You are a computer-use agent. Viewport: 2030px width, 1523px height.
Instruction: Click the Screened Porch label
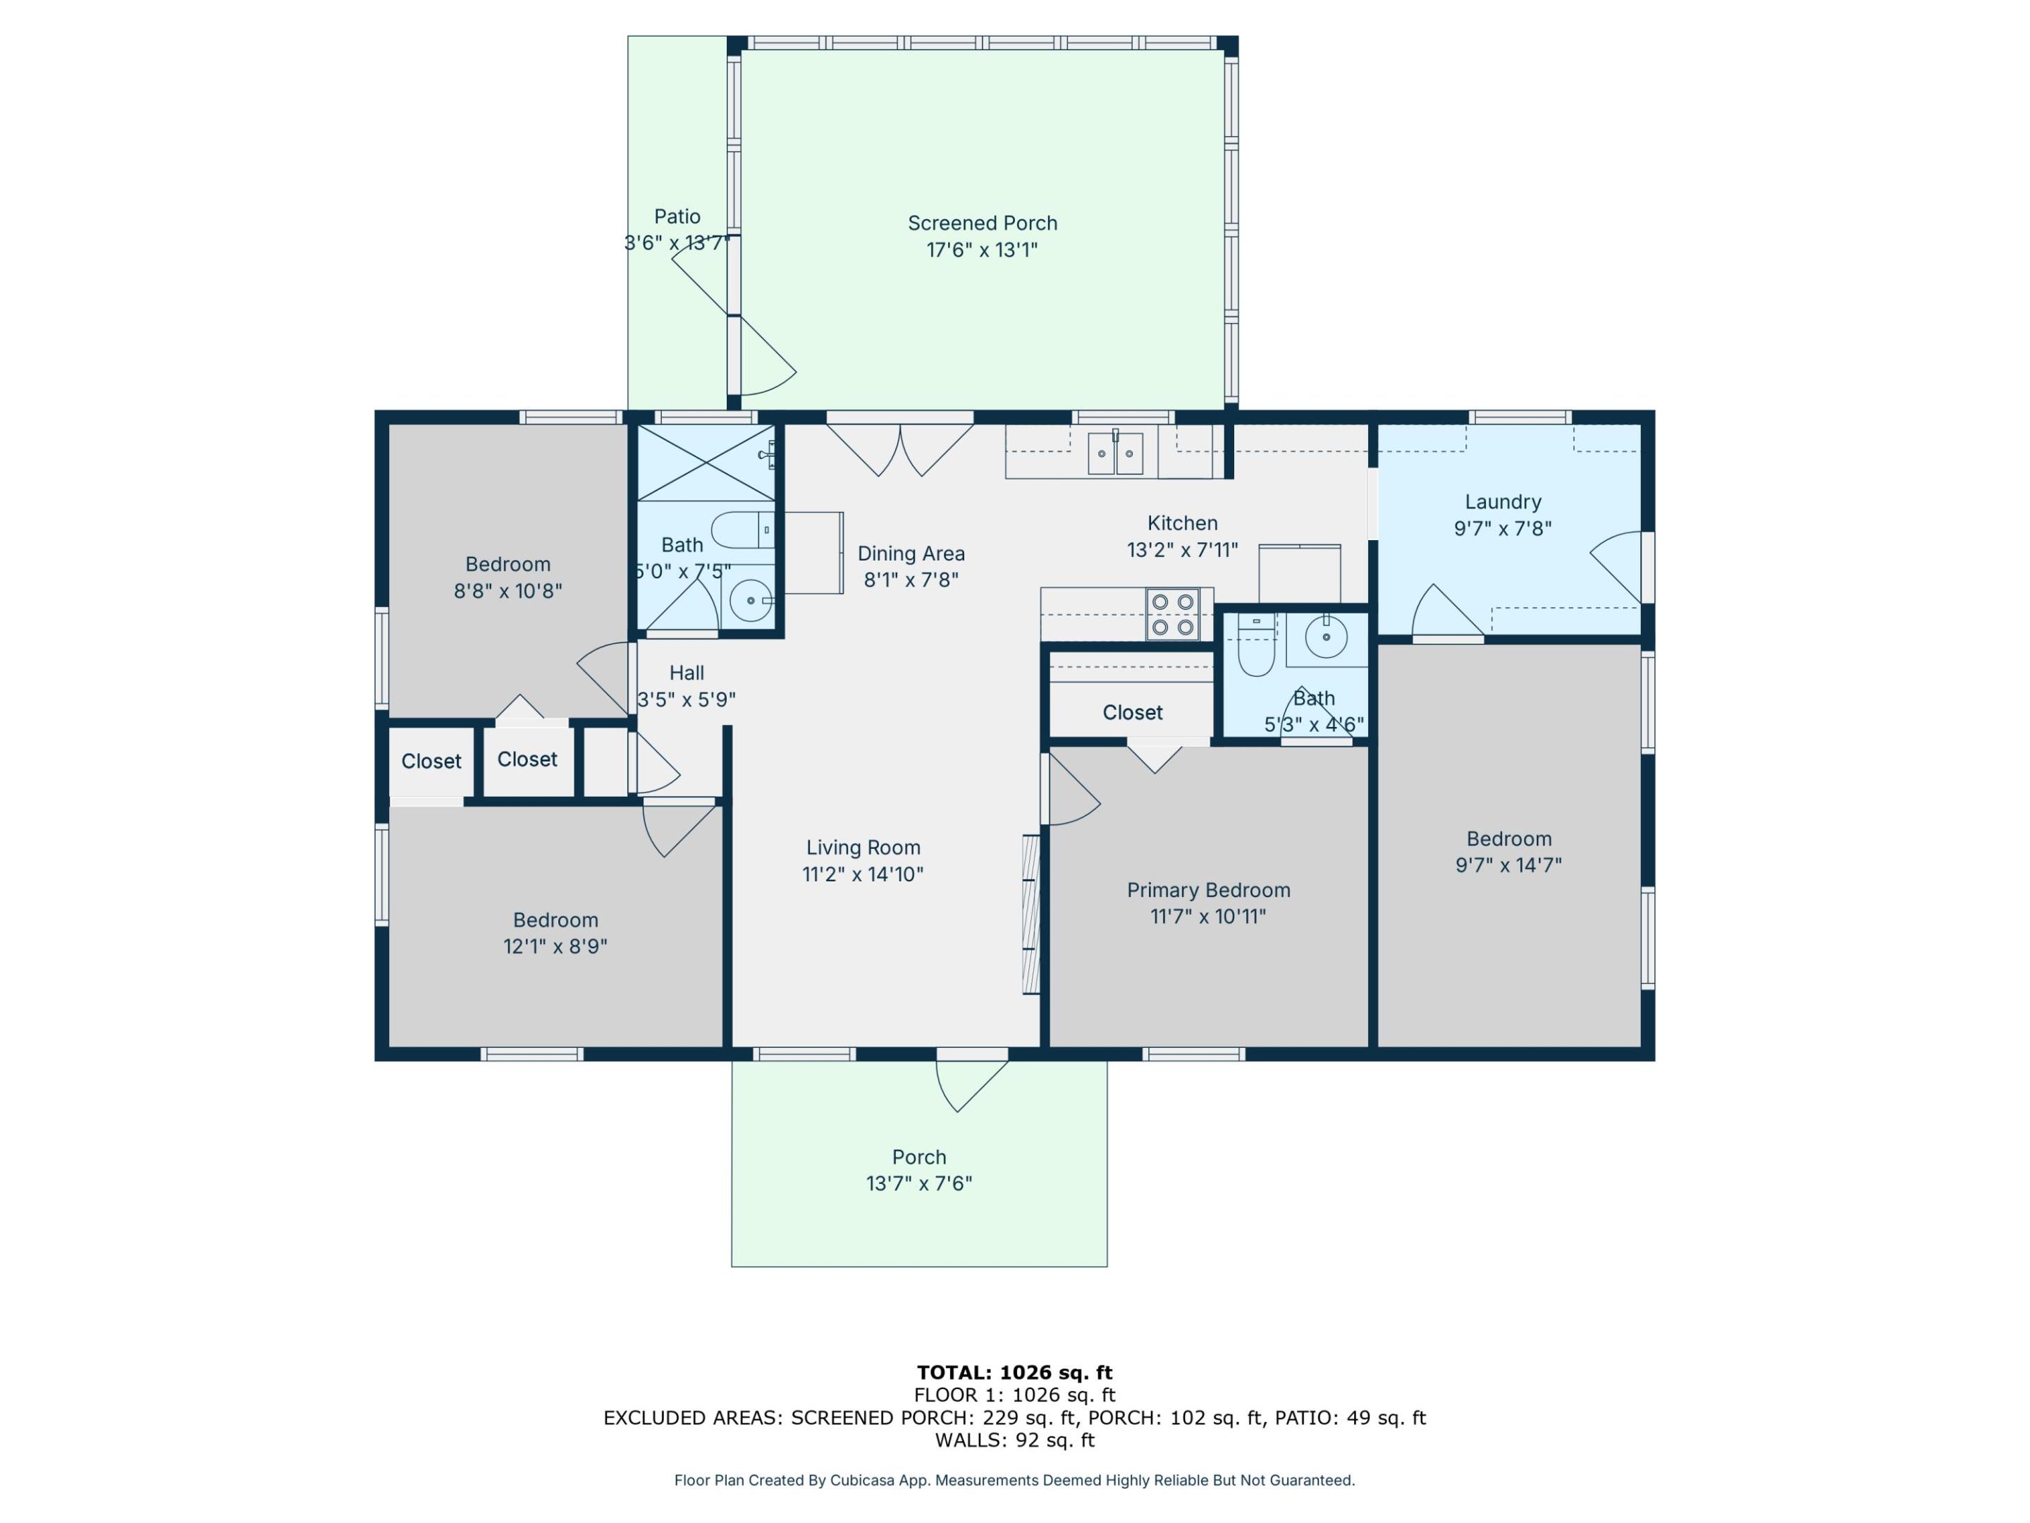(x=982, y=223)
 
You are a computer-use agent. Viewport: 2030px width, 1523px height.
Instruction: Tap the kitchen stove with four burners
(x=1173, y=614)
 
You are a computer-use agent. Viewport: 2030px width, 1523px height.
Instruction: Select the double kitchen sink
(x=1115, y=453)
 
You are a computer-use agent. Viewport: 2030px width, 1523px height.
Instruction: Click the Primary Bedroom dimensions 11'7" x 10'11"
(x=1207, y=915)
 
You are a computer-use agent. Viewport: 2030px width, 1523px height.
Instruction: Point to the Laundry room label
(x=1502, y=502)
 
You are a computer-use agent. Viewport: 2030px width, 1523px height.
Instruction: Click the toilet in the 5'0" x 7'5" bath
(x=742, y=531)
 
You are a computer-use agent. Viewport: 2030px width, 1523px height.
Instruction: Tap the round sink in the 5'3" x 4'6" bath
(x=1325, y=636)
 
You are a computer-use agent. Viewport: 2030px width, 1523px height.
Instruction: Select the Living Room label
(x=863, y=848)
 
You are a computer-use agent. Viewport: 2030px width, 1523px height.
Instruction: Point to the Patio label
(x=677, y=216)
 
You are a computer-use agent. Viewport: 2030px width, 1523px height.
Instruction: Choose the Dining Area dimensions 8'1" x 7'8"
(x=911, y=580)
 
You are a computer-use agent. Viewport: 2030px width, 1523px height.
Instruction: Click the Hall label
(x=687, y=673)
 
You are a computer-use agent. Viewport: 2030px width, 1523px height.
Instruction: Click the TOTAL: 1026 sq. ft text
(x=1014, y=1372)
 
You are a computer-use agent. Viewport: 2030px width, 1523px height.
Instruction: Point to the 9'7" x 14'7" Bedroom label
(x=1508, y=838)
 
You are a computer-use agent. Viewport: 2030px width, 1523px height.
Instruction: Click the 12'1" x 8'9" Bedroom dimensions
(x=555, y=946)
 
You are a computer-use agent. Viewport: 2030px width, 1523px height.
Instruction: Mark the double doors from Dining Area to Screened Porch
(x=899, y=445)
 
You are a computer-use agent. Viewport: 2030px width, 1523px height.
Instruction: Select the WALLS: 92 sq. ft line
(x=1014, y=1440)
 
